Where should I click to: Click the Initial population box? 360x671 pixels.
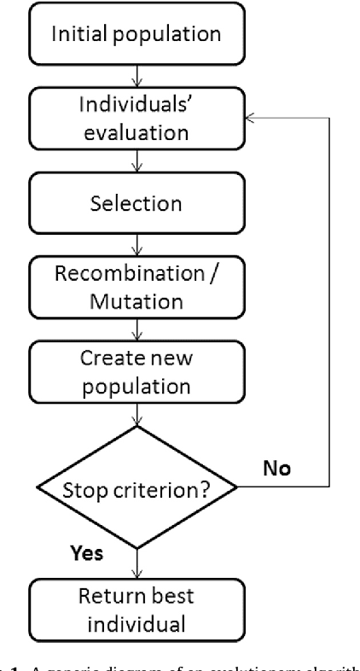[x=137, y=35]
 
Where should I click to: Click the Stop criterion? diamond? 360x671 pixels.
[x=137, y=487]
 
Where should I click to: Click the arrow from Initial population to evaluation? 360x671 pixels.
[x=137, y=73]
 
